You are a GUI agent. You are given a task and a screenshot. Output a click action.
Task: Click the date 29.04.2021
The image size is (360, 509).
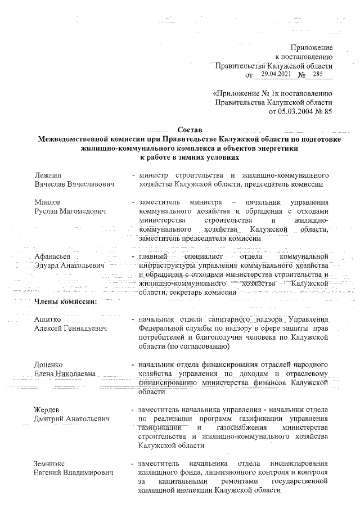[x=277, y=74]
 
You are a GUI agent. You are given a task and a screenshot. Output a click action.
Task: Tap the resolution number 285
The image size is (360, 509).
[x=318, y=74]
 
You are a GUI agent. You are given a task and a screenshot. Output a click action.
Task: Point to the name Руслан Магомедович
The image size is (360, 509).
[x=70, y=211]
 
